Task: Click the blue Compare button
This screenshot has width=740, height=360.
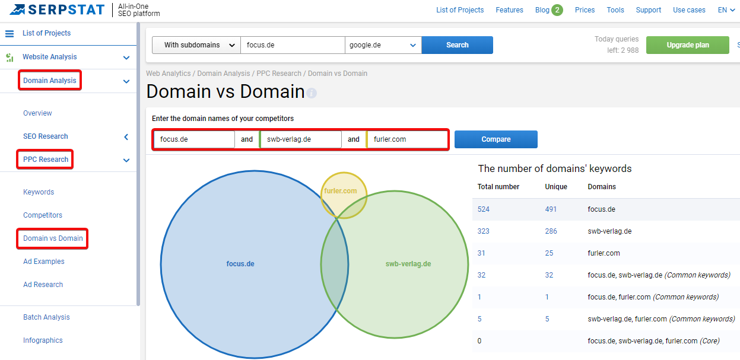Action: coord(496,139)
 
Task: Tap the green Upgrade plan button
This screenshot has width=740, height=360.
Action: coord(687,45)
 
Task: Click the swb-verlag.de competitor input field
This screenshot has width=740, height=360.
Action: coord(300,139)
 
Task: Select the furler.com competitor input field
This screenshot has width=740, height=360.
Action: coord(406,139)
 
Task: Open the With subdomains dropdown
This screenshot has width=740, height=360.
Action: coord(196,45)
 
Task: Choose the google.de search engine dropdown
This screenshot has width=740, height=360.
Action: coord(383,45)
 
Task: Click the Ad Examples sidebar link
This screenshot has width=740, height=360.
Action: coord(43,261)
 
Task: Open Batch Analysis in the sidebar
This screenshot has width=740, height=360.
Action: coord(46,317)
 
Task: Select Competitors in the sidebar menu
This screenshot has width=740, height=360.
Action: coord(43,215)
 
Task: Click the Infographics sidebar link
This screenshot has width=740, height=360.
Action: coord(43,340)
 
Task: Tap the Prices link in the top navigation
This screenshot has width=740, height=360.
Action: coord(585,10)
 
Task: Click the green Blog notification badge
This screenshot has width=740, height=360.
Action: coord(557,10)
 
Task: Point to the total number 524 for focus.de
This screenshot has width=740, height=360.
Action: coord(483,209)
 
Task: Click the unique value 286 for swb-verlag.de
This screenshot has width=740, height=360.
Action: coord(551,231)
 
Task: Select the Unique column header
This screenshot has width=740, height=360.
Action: coord(556,187)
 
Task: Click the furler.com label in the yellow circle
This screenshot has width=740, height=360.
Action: coord(340,191)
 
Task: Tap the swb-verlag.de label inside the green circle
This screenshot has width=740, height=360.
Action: coord(408,264)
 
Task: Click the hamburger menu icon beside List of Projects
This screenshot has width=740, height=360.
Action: coord(9,33)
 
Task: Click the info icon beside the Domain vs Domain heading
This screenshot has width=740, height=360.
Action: coord(312,93)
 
